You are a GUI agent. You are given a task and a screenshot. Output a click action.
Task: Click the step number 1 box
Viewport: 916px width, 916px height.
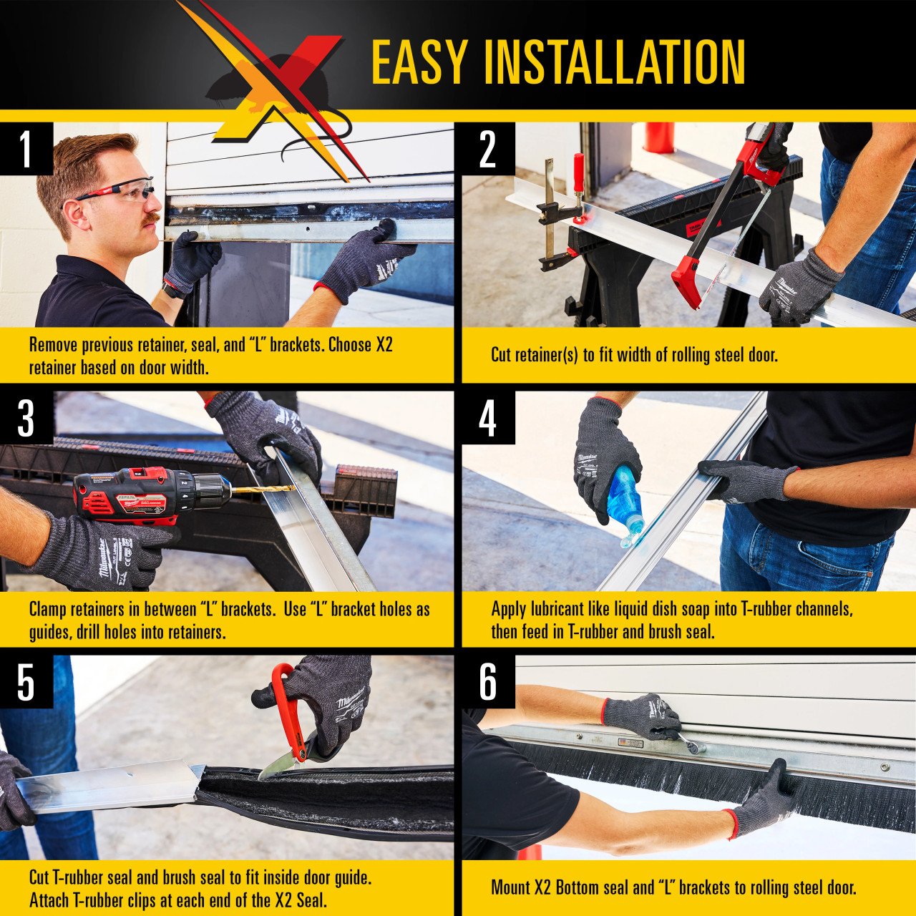click(x=26, y=148)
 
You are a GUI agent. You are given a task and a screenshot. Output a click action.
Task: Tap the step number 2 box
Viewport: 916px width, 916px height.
click(x=488, y=148)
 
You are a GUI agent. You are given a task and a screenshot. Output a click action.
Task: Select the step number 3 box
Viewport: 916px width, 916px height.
click(x=26, y=417)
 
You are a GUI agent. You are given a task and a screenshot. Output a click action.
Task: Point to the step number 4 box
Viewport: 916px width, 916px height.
click(x=488, y=417)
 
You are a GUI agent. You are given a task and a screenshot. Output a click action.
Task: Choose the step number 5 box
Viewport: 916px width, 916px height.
click(x=26, y=682)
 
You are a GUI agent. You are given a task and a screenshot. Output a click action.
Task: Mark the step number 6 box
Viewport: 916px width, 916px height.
click(x=488, y=682)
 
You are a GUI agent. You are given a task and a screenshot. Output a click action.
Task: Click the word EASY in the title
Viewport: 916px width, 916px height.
click(x=419, y=63)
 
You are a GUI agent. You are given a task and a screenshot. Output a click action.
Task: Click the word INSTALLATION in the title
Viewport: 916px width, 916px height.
click(x=615, y=63)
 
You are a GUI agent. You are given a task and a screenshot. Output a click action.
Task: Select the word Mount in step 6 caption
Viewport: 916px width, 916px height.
click(x=510, y=887)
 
